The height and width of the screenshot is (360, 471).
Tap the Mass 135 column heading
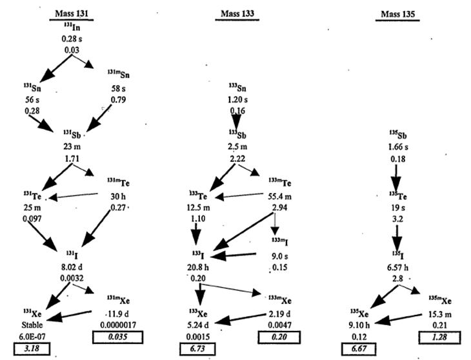click(x=399, y=14)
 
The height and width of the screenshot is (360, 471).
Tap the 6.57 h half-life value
click(x=398, y=266)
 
